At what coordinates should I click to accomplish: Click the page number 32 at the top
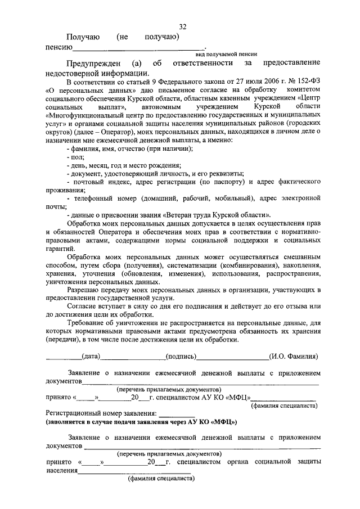183,27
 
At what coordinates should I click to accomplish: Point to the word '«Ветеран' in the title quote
177,215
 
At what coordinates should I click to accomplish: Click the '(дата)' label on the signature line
91,356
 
